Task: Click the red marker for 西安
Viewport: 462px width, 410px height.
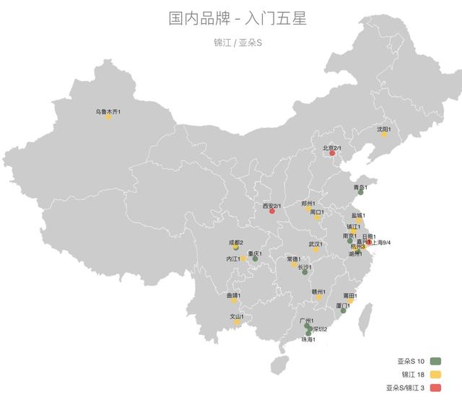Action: point(272,211)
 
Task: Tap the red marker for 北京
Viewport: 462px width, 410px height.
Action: point(332,153)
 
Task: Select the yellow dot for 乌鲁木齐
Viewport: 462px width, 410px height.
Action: point(108,116)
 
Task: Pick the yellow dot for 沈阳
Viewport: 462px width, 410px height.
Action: point(384,134)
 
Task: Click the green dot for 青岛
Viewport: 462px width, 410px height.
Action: point(360,192)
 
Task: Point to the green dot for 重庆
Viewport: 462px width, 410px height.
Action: point(255,258)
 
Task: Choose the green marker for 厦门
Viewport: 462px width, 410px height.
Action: point(344,310)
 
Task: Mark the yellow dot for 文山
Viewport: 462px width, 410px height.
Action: point(236,321)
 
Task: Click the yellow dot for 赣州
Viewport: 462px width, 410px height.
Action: point(318,297)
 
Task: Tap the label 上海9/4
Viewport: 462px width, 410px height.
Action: point(380,243)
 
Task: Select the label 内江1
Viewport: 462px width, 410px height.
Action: point(232,258)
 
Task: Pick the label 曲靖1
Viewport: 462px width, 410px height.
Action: point(232,295)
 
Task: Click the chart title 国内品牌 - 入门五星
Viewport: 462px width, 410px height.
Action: point(231,18)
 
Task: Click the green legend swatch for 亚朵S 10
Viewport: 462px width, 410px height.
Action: point(435,360)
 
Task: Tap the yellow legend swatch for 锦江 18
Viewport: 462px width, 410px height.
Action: point(435,374)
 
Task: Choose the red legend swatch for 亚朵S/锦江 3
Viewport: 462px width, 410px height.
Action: point(435,388)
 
